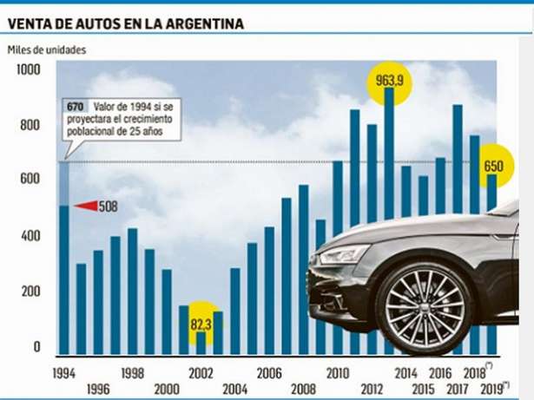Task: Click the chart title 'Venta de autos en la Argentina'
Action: [x=125, y=23]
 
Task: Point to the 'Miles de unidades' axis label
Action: [x=49, y=49]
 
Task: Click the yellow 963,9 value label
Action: [x=389, y=80]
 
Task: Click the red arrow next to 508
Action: [x=87, y=206]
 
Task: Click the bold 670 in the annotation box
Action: [x=75, y=105]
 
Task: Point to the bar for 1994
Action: [x=63, y=278]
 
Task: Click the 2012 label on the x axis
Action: [x=372, y=388]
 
